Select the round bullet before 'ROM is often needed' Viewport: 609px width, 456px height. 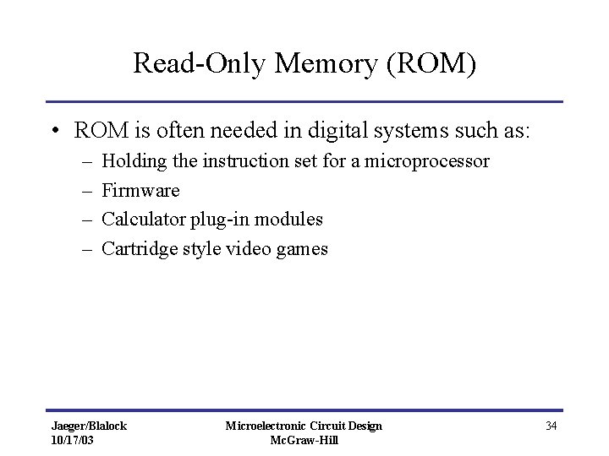tap(53, 132)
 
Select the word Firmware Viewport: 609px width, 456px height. tap(140, 190)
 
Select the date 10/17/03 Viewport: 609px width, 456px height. tap(73, 440)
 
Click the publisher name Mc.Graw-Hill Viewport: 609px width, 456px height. tap(304, 440)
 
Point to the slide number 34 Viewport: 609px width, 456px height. tap(551, 426)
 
